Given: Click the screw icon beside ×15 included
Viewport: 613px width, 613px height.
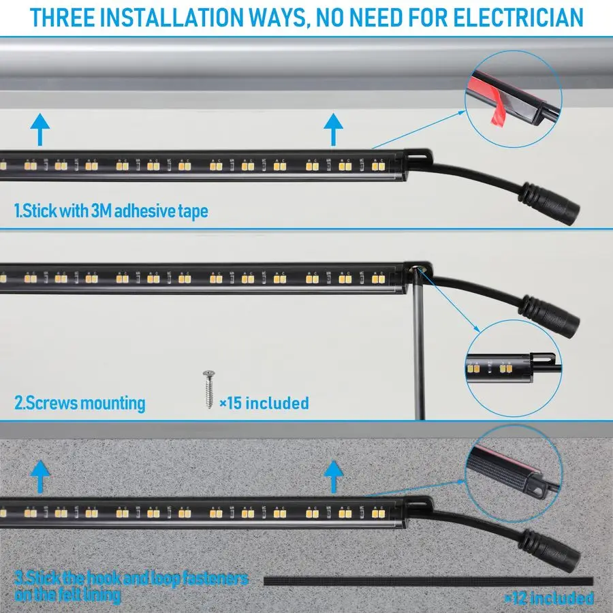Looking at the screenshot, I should click(207, 389).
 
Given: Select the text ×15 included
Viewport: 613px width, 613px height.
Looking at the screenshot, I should click(264, 403).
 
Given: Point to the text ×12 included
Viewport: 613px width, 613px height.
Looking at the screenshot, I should click(548, 598).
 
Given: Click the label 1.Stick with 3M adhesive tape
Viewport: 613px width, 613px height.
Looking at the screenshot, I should click(111, 211).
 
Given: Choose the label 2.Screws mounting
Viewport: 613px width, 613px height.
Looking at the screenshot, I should click(80, 403).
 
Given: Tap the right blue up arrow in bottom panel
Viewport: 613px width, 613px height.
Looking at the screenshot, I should click(333, 475).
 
